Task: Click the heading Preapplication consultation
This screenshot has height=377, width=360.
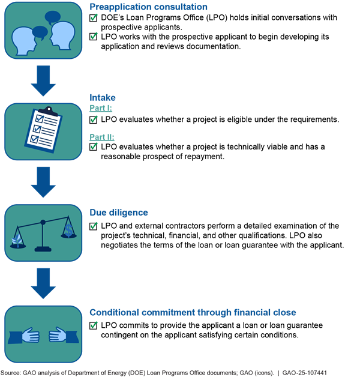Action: point(148,7)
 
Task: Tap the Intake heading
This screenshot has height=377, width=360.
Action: point(103,97)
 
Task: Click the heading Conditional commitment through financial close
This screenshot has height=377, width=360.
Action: point(193,312)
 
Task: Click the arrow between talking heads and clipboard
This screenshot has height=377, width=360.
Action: point(43,82)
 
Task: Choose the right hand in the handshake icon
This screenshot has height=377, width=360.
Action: point(58,335)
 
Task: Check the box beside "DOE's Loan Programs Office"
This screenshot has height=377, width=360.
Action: point(94,19)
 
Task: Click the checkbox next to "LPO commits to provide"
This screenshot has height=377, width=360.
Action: point(94,326)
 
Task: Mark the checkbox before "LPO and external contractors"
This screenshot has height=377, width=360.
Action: point(94,226)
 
